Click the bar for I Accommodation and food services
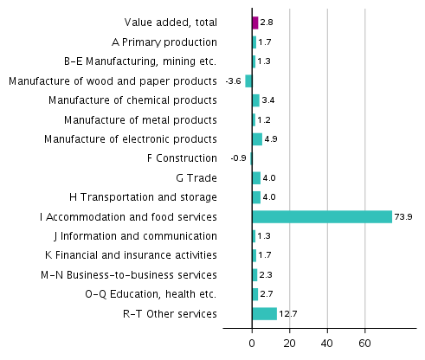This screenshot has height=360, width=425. click(x=322, y=216)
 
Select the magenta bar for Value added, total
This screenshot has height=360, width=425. click(x=255, y=22)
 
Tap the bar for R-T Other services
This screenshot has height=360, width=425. click(x=264, y=313)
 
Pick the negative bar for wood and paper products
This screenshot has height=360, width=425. click(x=248, y=80)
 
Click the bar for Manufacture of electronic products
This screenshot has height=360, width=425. click(x=257, y=138)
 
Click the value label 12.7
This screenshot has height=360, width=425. click(x=287, y=313)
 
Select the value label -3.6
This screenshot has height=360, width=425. click(x=233, y=80)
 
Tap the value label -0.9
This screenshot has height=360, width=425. click(x=238, y=158)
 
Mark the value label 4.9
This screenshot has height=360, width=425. click(x=270, y=138)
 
